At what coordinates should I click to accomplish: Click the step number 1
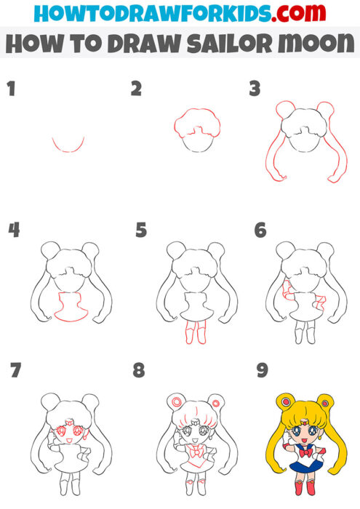coord(11,90)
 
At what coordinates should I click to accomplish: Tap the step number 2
coord(136,90)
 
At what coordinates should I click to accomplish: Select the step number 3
coord(254,90)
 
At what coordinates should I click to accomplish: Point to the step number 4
coord(14,231)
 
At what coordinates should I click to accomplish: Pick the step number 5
coord(141,231)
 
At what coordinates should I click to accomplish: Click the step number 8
coord(140,371)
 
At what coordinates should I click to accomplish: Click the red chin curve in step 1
coord(68,148)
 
